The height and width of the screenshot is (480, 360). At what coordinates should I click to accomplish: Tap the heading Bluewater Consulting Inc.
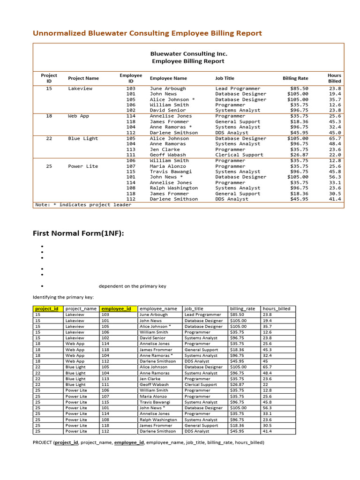pos(188,53)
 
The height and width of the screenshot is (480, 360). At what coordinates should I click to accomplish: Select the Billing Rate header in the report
pos(295,78)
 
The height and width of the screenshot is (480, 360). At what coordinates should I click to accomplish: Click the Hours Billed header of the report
pos(334,78)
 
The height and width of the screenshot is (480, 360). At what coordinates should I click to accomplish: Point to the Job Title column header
pos(225,78)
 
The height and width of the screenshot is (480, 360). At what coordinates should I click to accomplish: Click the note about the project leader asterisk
pos(83,205)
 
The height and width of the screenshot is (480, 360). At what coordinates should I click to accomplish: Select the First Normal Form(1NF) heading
pos(78,233)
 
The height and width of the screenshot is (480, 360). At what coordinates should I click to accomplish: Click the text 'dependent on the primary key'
pos(132,286)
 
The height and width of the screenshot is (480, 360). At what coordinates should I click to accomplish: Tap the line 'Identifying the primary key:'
pos(63,297)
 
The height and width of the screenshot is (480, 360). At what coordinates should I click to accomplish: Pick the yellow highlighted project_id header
pos(47,308)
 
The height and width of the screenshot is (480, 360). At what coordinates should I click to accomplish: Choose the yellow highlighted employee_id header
pos(118,308)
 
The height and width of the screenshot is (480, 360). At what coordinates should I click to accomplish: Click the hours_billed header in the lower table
pos(277,308)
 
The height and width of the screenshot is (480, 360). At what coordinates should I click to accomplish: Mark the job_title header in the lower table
pos(194,308)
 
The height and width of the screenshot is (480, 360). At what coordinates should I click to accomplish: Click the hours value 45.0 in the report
pos(335,133)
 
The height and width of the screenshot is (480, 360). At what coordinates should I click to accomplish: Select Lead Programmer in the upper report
pos(238,89)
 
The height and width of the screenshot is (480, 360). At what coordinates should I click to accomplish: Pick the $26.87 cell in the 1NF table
pos(237,384)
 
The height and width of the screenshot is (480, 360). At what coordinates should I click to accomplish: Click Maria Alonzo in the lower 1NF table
pos(153,396)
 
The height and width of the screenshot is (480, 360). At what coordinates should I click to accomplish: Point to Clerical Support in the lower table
pos(201,384)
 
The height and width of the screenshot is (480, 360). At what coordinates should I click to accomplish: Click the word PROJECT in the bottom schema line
pos(42,442)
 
